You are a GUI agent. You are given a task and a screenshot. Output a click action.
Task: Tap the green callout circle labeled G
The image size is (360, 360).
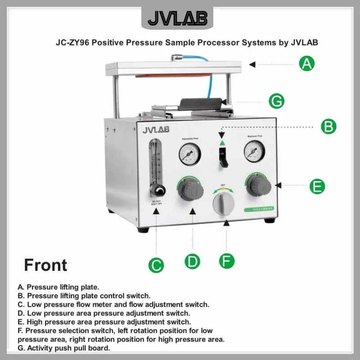[276, 101]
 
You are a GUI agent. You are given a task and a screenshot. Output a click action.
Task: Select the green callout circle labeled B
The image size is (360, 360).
[328, 126]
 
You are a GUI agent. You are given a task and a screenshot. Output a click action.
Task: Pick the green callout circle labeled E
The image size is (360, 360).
[318, 185]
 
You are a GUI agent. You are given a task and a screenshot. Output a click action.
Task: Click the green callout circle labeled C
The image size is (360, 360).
[156, 265]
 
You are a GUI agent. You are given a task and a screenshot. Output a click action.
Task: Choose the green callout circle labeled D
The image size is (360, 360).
[193, 261]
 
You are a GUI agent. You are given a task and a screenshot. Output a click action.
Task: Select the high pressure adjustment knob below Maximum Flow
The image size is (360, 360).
[258, 185]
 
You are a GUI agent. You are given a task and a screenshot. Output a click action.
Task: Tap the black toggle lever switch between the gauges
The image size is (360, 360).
[223, 157]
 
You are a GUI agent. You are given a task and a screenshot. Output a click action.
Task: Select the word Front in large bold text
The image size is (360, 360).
[45, 265]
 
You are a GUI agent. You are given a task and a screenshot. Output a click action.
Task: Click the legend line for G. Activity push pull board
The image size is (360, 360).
[63, 348]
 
